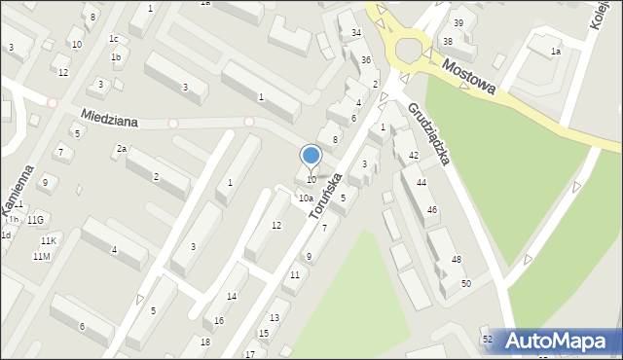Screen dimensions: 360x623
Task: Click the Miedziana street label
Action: point(110,118)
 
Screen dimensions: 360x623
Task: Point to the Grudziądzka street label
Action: point(428,132)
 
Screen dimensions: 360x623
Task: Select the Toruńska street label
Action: point(325,196)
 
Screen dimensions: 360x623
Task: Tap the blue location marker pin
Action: point(311,157)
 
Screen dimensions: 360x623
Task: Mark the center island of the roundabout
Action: point(409,47)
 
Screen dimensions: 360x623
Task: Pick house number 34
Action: point(356,33)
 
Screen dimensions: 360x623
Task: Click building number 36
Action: point(366,60)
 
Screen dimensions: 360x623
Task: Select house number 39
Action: point(458,22)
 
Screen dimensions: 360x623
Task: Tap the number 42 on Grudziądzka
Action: point(414,156)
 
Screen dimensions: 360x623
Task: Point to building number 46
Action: point(432,210)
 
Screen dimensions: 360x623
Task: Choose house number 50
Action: point(466,283)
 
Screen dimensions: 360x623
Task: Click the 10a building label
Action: point(305,198)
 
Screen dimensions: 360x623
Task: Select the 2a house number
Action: point(122,149)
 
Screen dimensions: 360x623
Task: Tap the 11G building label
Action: point(36,221)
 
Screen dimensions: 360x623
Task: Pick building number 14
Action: point(231,296)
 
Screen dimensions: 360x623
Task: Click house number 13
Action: point(274,318)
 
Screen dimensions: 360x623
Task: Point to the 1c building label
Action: point(114,39)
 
